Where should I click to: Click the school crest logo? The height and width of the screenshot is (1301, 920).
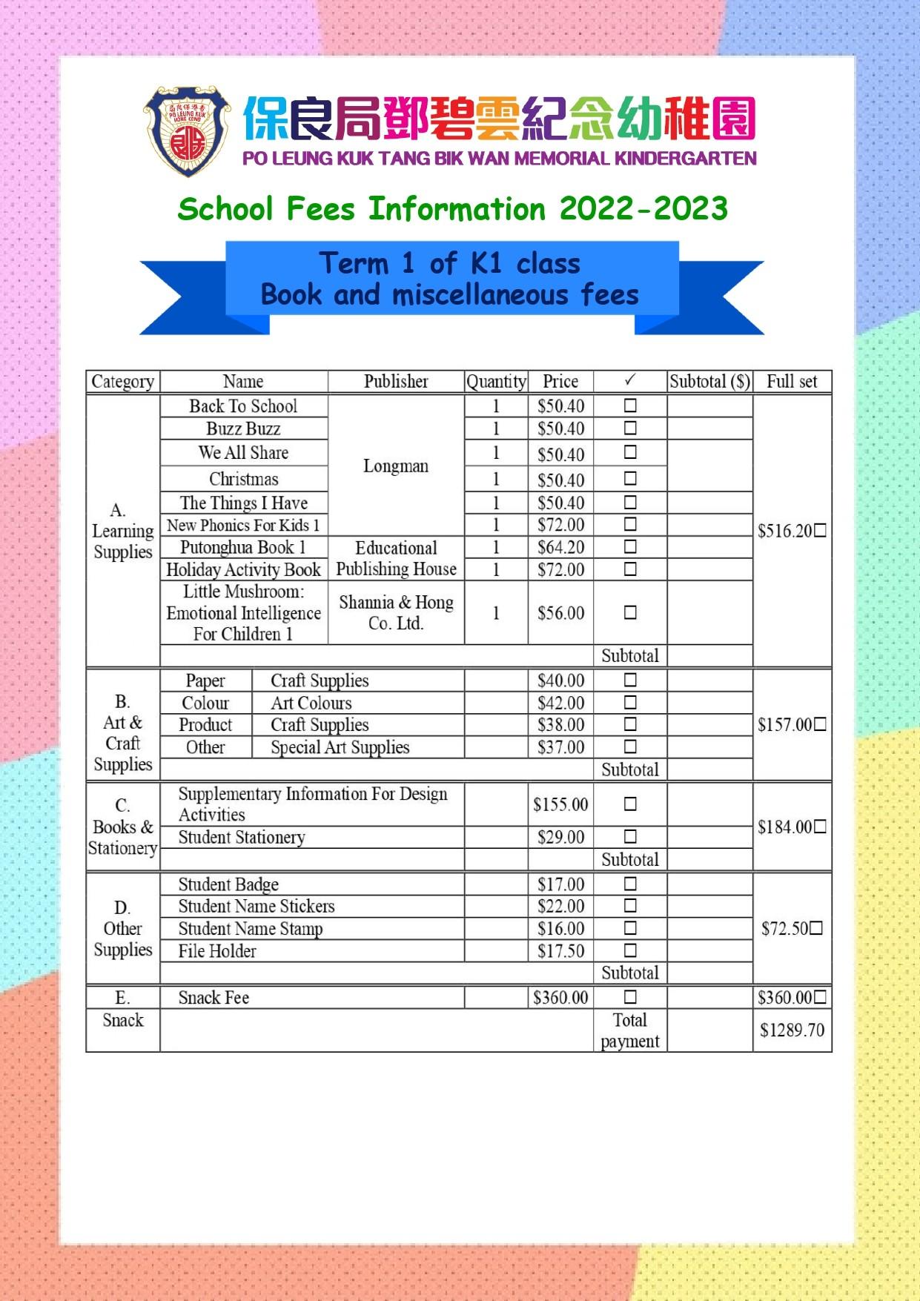(x=188, y=131)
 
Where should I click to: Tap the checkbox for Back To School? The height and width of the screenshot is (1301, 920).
(x=630, y=405)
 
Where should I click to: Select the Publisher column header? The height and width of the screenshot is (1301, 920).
(x=396, y=381)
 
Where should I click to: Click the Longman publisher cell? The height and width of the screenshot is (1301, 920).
(x=396, y=466)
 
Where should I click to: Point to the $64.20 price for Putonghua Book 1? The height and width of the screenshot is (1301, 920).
(x=560, y=548)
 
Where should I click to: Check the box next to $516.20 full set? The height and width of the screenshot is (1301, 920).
(x=820, y=531)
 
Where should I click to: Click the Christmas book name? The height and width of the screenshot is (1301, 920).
(x=243, y=479)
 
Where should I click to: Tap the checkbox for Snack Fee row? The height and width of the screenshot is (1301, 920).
(x=630, y=997)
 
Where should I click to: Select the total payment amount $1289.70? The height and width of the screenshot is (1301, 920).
(x=792, y=1030)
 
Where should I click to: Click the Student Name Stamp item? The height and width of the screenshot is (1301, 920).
(x=251, y=929)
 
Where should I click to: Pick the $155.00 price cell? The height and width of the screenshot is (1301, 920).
(x=560, y=804)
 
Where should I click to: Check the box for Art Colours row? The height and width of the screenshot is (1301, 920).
(x=630, y=702)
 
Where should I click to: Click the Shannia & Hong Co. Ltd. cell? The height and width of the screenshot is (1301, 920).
(x=396, y=613)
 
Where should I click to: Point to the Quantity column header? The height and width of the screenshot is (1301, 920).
(x=496, y=381)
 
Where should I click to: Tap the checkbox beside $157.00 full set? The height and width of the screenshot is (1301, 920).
(x=820, y=724)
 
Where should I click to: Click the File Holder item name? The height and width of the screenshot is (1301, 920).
(x=217, y=951)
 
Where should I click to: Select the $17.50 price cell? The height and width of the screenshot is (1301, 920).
(x=560, y=951)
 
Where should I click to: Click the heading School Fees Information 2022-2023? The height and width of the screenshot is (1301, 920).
(x=452, y=209)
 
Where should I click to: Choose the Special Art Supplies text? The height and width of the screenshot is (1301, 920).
(x=340, y=747)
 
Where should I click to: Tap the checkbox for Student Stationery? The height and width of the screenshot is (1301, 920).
(x=630, y=837)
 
